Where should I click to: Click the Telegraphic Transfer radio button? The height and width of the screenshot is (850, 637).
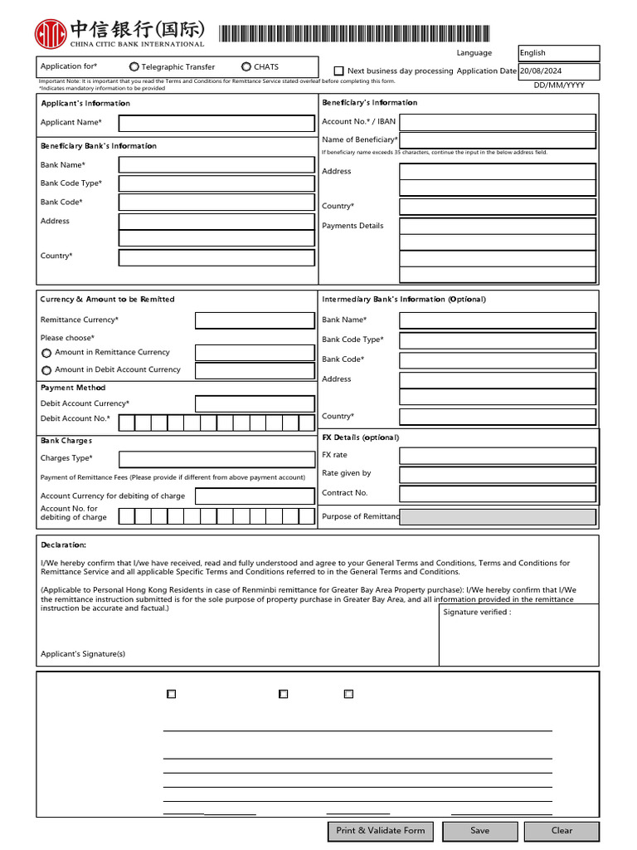click(x=134, y=66)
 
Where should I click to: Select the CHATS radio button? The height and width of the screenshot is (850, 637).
click(x=246, y=66)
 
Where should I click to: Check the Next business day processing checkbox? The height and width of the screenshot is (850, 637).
click(x=338, y=71)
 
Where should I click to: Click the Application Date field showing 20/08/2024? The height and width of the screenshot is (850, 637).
click(x=558, y=71)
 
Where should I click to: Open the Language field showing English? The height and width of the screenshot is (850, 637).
click(x=558, y=53)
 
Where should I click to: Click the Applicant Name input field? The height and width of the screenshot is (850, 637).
click(x=216, y=124)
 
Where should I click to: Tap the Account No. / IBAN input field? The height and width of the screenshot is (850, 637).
click(x=498, y=122)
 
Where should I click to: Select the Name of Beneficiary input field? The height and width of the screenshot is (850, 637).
click(x=498, y=140)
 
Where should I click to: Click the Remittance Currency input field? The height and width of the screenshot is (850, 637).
click(x=255, y=320)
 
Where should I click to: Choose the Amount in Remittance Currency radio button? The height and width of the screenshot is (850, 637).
click(x=46, y=353)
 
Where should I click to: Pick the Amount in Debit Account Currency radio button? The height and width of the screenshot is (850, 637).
click(x=46, y=370)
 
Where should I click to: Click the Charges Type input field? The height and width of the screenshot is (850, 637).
click(x=216, y=459)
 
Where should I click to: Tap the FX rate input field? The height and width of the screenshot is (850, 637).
click(x=498, y=456)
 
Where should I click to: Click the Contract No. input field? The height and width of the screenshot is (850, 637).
click(x=498, y=493)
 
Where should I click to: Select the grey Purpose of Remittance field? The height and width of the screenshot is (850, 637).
click(x=498, y=517)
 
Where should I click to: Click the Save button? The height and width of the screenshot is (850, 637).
click(x=480, y=830)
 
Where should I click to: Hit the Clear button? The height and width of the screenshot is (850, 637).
click(x=562, y=830)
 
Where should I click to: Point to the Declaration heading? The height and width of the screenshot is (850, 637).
click(x=63, y=545)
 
